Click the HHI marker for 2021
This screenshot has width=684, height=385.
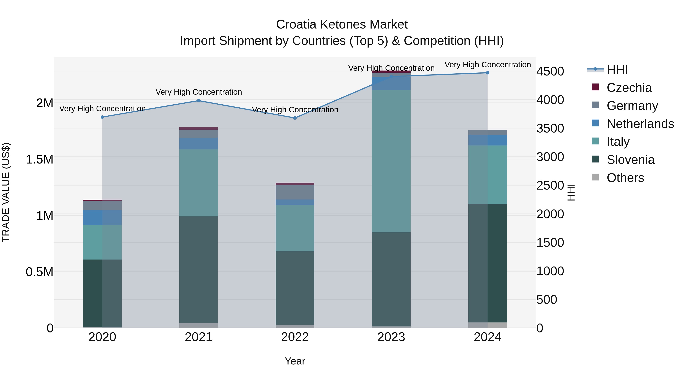199,101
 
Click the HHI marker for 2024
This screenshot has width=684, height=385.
488,73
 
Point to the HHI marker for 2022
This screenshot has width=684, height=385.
295,118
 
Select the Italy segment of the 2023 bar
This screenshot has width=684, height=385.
391,161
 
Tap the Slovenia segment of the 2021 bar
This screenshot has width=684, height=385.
199,269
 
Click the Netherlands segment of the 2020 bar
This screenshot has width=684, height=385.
102,218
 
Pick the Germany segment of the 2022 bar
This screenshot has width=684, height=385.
295,192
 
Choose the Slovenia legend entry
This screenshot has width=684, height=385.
630,160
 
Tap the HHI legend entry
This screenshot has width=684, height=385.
617,70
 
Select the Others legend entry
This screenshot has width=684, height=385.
625,178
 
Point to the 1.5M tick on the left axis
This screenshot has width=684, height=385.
39,160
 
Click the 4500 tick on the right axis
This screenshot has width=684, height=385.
550,71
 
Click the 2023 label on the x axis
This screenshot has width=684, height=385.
391,337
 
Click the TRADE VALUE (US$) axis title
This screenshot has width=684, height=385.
6,192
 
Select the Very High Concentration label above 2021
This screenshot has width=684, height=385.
199,92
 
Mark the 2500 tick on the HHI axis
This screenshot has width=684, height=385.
550,185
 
